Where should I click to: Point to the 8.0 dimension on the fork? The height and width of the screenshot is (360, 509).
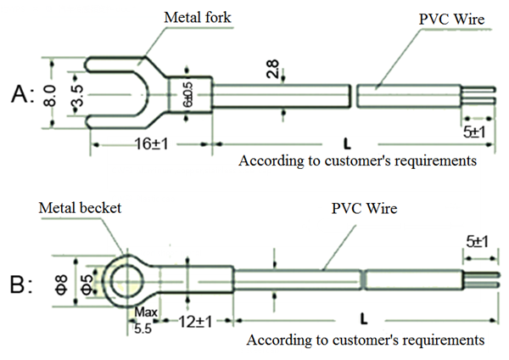tap(52, 93)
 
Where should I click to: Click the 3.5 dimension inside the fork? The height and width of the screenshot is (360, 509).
tap(77, 93)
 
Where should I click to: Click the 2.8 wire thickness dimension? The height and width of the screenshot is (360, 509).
tap(273, 70)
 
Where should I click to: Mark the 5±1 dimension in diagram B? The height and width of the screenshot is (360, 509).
tap(475, 242)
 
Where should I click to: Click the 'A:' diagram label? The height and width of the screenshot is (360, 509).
tap(22, 95)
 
